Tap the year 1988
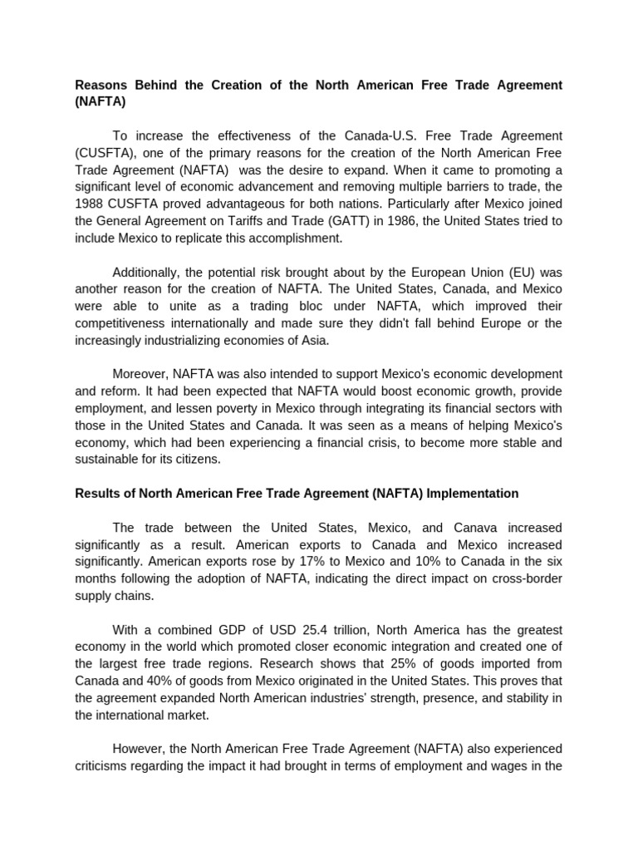tap(90, 203)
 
